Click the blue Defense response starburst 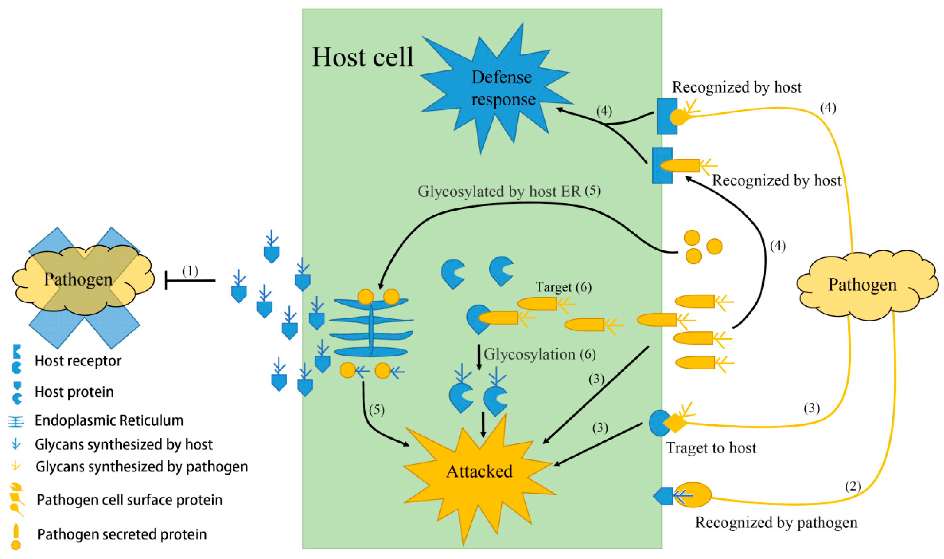point(498,89)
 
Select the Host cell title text point(363,57)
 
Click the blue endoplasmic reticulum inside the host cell point(371,327)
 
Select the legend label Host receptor point(78,361)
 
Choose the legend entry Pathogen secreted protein point(122,534)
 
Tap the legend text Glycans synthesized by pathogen point(142,467)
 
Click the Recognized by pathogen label point(776,523)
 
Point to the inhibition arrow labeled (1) point(190,280)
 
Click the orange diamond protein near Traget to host point(675,423)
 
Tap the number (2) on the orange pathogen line point(853,486)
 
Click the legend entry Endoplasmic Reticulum point(109,421)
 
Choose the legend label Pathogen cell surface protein point(129,500)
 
